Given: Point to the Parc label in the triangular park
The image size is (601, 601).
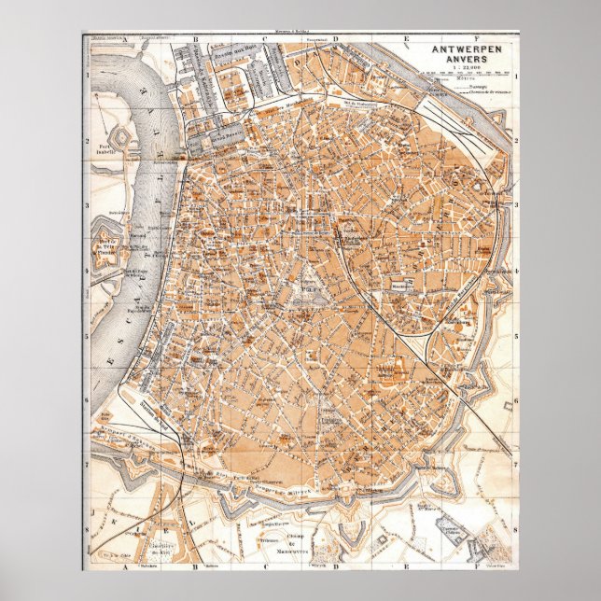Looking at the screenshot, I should coord(304,290).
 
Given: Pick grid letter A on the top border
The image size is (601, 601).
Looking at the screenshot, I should coord(127,40).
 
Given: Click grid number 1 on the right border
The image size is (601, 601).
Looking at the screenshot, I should coord(516,75).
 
